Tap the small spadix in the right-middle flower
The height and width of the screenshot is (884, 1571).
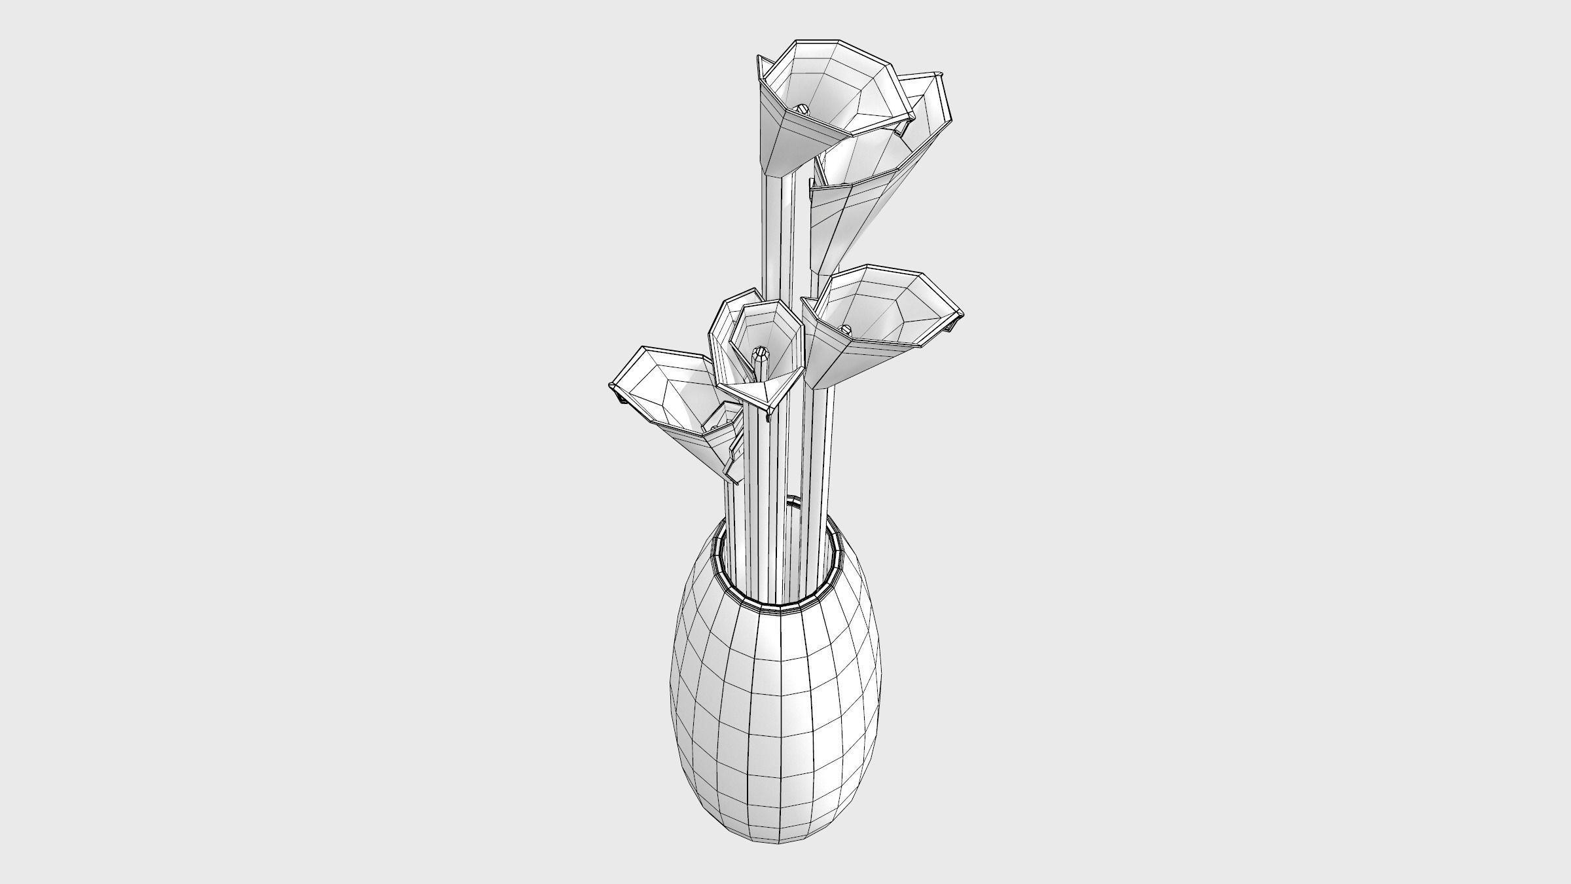point(845,328)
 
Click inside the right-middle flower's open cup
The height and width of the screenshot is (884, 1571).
point(884,308)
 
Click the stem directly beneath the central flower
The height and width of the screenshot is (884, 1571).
point(763,498)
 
